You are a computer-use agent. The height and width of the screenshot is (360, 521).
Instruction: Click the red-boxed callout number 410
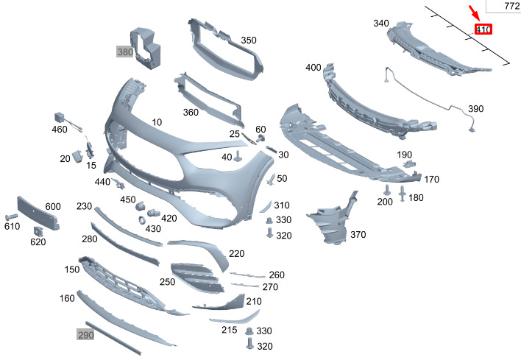pos(483,29)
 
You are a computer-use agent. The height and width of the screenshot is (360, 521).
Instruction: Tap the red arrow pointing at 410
pos(474,13)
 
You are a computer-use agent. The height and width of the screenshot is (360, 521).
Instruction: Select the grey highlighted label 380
pos(125,52)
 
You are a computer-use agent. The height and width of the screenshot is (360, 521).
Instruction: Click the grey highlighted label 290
pos(85,334)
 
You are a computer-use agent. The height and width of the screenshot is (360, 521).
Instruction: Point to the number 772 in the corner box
pos(511,6)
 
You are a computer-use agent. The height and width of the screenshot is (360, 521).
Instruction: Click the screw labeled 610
pos(11,216)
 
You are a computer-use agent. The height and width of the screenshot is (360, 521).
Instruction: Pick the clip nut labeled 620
pos(38,231)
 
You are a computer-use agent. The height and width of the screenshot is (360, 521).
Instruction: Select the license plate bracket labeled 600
pos(38,213)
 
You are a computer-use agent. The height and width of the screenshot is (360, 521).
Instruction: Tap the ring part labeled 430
pos(142,219)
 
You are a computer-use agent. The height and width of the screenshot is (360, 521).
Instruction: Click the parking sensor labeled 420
pos(154,213)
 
